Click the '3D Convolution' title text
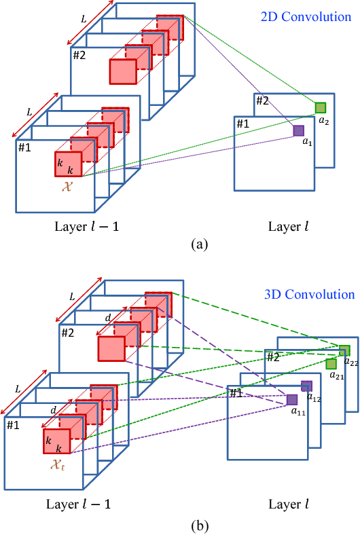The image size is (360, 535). [309, 295]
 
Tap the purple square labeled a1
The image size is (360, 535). [298, 130]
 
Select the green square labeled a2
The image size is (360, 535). [320, 107]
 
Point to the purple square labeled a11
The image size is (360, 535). [291, 400]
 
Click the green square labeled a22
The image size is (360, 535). [344, 350]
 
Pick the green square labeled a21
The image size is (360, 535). [331, 364]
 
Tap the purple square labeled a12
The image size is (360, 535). [306, 386]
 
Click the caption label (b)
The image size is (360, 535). [180, 525]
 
